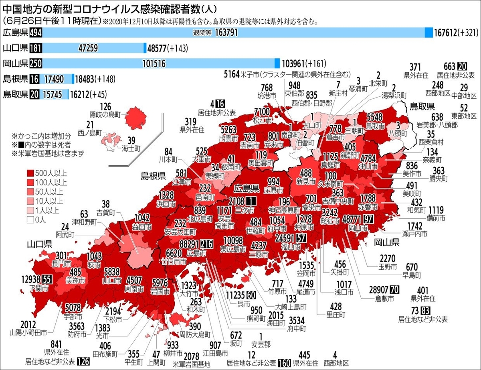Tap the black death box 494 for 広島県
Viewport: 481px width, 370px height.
tap(35, 33)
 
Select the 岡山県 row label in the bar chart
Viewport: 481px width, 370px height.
tap(15, 63)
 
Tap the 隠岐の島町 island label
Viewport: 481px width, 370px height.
tap(105, 114)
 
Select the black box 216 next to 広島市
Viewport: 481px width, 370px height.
tap(206, 244)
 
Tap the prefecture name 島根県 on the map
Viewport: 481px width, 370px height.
tap(153, 176)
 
